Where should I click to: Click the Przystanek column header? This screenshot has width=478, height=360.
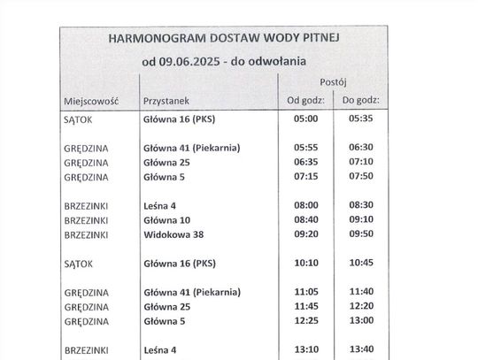point(167,102)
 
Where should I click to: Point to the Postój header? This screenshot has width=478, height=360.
point(333,81)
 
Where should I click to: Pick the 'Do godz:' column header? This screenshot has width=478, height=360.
point(362,101)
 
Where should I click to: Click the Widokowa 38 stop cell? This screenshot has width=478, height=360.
point(172,234)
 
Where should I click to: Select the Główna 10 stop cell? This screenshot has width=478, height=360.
point(166,219)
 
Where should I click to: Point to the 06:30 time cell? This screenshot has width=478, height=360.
point(362,148)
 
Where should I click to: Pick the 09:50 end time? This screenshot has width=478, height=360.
point(362,234)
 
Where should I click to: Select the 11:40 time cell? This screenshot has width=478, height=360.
point(362,291)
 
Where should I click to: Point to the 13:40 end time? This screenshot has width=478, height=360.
point(362,349)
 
